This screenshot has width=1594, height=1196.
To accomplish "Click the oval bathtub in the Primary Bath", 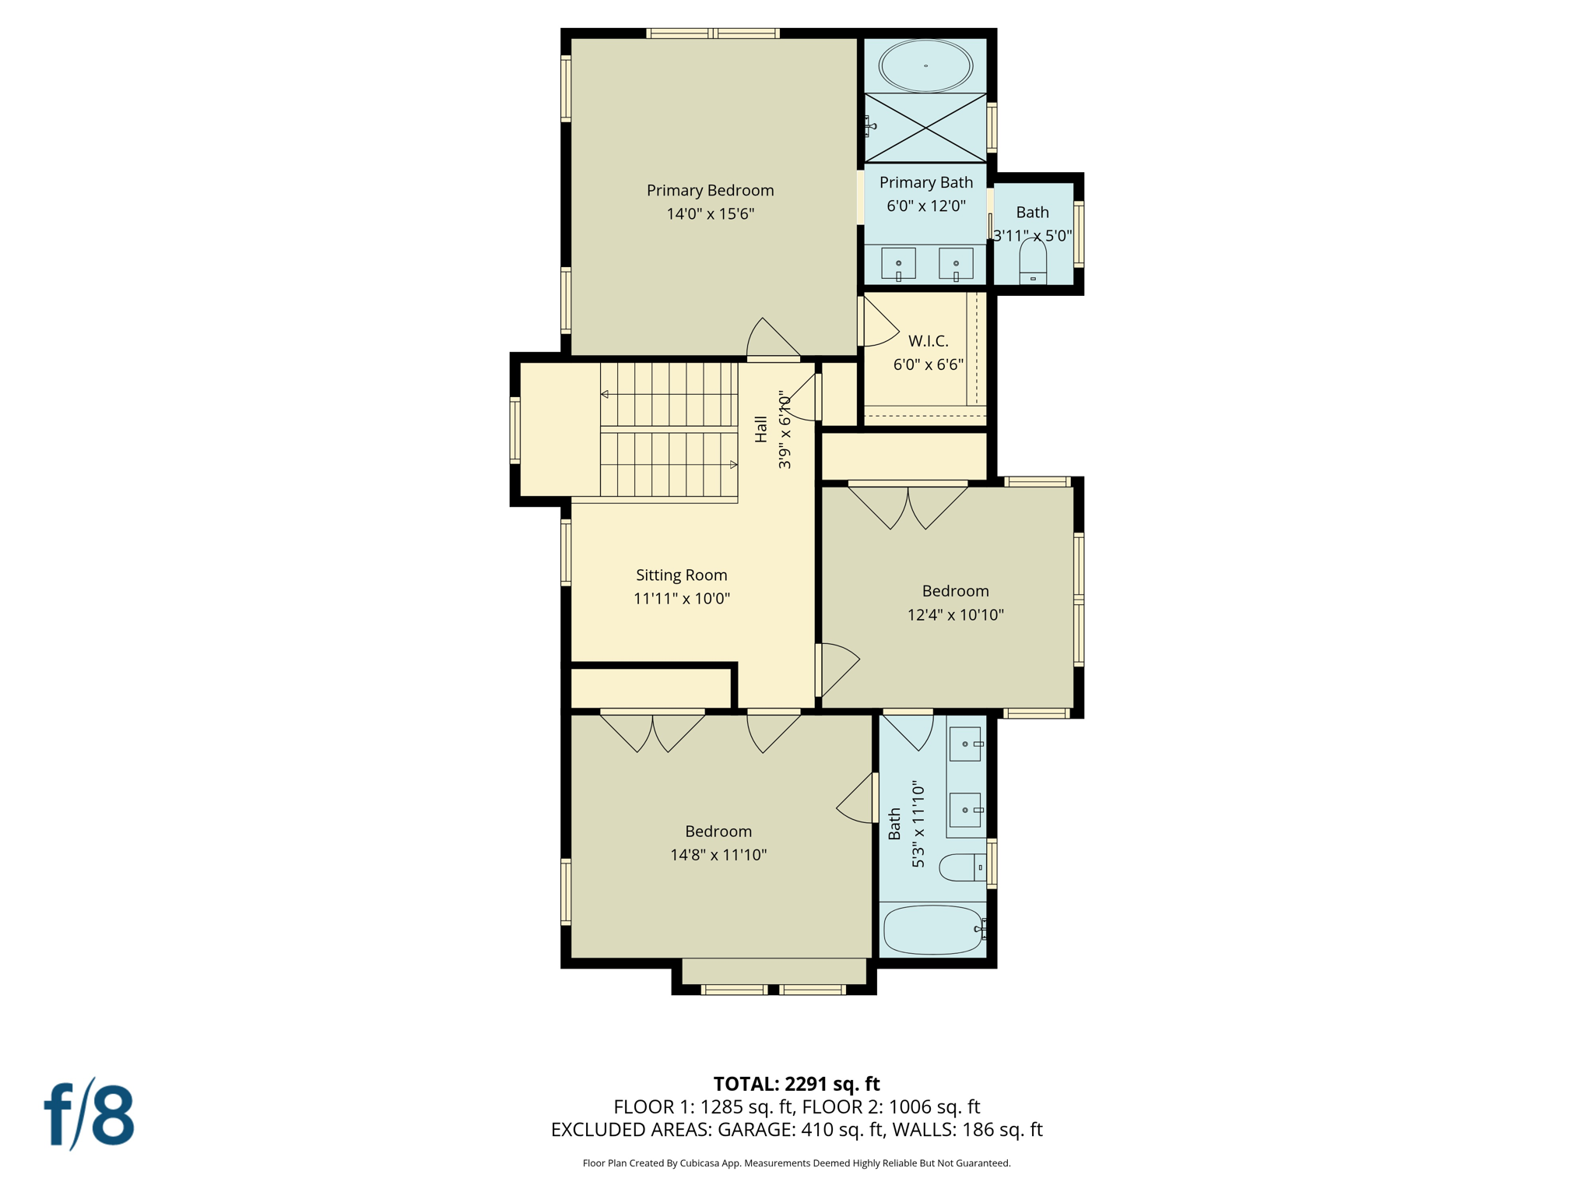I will tap(925, 65).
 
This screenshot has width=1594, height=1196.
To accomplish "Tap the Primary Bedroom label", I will tap(710, 190).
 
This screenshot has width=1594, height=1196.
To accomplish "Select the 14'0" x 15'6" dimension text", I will tap(710, 213).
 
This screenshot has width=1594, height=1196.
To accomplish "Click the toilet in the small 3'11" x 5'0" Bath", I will tap(1033, 262).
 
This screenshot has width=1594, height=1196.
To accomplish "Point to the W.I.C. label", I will tap(928, 341).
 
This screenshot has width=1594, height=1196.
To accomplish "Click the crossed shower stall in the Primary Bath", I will tap(925, 128).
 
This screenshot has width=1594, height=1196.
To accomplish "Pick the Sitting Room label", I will tap(681, 575).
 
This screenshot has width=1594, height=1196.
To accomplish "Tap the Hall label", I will tap(761, 429).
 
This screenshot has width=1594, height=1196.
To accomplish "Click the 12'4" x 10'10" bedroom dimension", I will tap(955, 614).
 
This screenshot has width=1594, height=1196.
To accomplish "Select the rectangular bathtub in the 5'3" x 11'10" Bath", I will tap(932, 929).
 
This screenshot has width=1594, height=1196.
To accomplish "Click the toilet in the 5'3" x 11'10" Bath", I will tap(962, 867).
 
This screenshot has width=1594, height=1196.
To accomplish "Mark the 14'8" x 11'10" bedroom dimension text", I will tap(718, 854).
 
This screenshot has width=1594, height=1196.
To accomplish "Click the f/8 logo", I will tap(90, 1115).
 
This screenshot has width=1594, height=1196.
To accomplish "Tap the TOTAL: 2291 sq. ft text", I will tap(796, 1083).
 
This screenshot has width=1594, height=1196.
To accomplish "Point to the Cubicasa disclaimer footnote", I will tap(796, 1163).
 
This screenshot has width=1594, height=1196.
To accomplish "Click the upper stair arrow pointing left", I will tap(605, 394).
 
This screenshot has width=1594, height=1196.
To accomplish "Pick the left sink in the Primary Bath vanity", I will tap(898, 263).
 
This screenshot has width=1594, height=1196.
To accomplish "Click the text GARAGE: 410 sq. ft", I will tap(802, 1129).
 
